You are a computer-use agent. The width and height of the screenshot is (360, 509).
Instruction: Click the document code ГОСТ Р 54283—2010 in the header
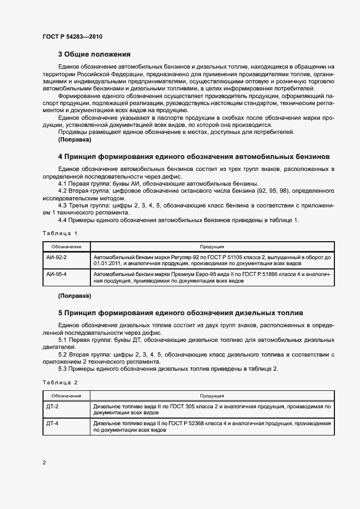pyautogui.click(x=72, y=37)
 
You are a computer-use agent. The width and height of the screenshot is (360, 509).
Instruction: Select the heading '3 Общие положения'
pyautogui.click(x=94, y=54)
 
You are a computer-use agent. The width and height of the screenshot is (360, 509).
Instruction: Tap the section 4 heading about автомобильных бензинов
pyautogui.click(x=193, y=156)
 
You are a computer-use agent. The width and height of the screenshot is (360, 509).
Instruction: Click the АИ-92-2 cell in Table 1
pyautogui.click(x=57, y=256)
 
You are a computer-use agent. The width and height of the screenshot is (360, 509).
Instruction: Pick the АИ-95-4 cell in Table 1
pyautogui.click(x=57, y=274)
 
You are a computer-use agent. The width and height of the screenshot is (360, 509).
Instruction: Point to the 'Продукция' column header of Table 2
pyautogui.click(x=212, y=396)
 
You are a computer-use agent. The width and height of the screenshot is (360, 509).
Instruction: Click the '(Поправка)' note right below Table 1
pyautogui.click(x=74, y=296)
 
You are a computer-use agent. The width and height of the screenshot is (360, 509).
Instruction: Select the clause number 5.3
pyautogui.click(x=63, y=369)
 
